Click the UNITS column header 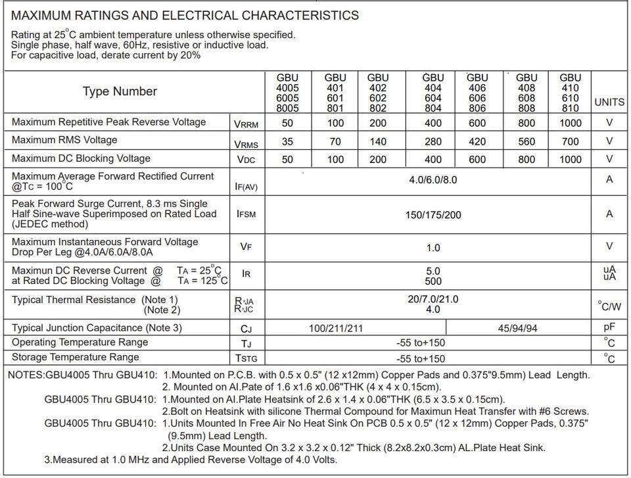[x=609, y=102]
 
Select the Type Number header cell [x=120, y=91]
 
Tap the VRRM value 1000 [x=571, y=123]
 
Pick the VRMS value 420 [x=477, y=141]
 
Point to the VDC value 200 [x=377, y=159]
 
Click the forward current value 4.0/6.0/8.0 [x=432, y=179]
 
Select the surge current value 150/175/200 [x=433, y=215]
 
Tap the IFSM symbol [x=246, y=214]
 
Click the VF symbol [x=246, y=247]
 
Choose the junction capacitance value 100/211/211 [x=335, y=328]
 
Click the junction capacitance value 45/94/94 [x=517, y=328]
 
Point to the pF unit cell [x=609, y=327]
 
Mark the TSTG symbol [x=246, y=358]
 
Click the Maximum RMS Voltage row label [x=64, y=140]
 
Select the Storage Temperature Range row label [x=76, y=358]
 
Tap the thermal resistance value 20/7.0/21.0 [x=433, y=299]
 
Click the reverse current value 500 [x=433, y=281]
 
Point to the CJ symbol [x=246, y=329]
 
